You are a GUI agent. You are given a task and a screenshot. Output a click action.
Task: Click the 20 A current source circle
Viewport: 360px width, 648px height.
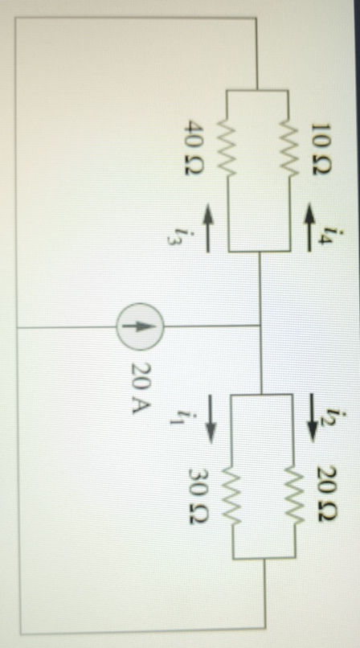tap(141, 326)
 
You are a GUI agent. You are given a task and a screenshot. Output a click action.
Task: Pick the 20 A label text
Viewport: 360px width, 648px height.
tap(141, 383)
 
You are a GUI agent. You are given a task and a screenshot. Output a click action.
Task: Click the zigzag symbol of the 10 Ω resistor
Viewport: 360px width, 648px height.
tap(290, 148)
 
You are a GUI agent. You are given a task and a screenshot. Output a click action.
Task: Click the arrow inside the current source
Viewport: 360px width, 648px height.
tap(141, 326)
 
